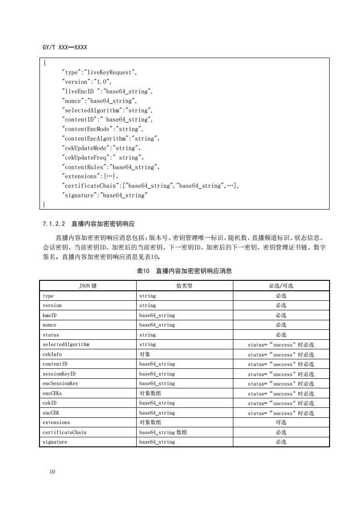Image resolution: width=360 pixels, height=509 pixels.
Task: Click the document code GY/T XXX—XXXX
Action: (64, 47)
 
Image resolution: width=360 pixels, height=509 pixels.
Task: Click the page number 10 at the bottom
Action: (52, 472)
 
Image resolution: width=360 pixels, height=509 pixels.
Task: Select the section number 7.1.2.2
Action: (54, 224)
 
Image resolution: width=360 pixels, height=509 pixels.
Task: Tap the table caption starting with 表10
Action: (184, 271)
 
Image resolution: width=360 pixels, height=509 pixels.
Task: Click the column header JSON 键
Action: (88, 286)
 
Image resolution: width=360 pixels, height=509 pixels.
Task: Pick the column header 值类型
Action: (184, 286)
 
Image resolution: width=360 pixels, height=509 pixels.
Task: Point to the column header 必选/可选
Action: (281, 286)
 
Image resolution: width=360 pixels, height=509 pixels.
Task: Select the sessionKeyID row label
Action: (59, 374)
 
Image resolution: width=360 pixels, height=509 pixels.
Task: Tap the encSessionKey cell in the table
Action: (60, 383)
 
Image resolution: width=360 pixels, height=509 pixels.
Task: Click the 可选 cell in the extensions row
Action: (281, 422)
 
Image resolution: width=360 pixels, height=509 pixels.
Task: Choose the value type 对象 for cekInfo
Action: (145, 354)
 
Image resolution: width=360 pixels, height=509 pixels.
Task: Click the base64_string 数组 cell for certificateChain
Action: (163, 432)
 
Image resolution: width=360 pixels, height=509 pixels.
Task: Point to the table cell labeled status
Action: (51, 335)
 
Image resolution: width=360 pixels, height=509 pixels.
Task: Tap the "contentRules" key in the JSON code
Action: (85, 167)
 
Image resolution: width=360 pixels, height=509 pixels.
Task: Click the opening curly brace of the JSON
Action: (44, 63)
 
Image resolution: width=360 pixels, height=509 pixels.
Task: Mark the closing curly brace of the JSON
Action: (44, 205)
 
